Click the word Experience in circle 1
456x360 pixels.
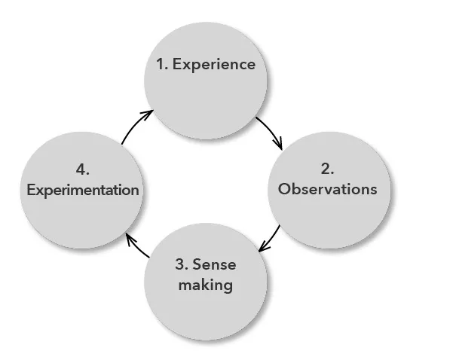click(214, 65)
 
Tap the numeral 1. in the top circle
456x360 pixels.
click(162, 65)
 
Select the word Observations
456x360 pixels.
click(327, 189)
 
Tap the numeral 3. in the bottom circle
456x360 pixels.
click(182, 264)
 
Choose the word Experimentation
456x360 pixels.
click(83, 190)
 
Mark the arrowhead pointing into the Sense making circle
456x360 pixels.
click(261, 249)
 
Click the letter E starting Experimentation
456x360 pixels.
click(31, 190)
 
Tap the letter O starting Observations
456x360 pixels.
click(283, 189)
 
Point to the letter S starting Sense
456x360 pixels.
click(198, 264)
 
